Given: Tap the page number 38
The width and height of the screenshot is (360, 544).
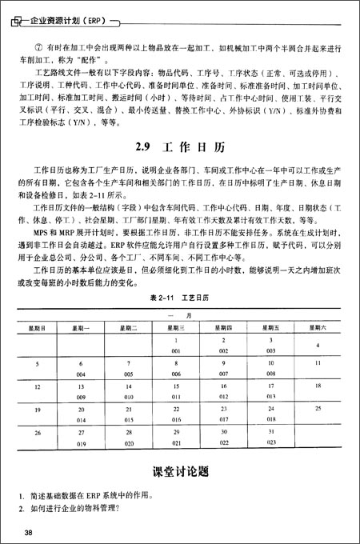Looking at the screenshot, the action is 28,532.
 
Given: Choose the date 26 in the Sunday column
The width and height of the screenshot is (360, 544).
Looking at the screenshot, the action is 38,432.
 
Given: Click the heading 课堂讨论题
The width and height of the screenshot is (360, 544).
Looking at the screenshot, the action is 180,471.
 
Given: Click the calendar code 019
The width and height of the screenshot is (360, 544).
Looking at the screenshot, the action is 81,441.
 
